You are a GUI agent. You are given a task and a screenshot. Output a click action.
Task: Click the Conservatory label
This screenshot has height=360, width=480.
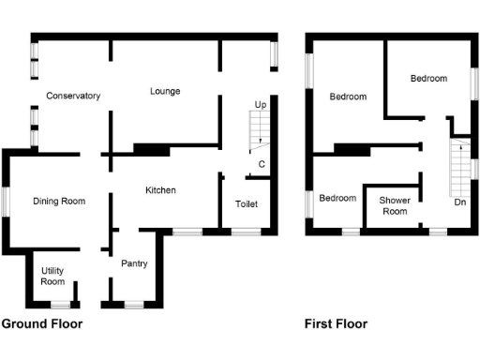pos(73,96)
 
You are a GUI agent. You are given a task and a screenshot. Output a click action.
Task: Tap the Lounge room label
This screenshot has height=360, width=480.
pos(165,91)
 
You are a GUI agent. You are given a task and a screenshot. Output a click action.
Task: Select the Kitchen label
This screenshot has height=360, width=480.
pos(160,190)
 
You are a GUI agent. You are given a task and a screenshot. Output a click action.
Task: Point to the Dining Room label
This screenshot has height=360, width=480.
pos(59,201)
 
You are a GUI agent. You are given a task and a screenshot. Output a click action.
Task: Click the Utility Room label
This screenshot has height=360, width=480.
pos(52,276)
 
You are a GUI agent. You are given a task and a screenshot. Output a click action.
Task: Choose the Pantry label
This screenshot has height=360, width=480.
pos(134,263)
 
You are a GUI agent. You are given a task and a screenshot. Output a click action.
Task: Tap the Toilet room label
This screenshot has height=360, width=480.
pos(247,204)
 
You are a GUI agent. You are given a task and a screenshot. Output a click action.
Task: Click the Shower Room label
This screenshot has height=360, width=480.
pos(393,205)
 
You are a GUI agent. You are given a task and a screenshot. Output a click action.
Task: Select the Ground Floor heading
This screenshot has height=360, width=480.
pos(42,324)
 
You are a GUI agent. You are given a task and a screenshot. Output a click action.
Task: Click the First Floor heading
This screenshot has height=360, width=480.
pos(336,324)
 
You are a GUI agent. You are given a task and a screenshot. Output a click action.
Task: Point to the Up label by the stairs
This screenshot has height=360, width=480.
pos(261,104)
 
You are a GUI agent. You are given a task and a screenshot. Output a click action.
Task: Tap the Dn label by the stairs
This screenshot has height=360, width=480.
pos(459,202)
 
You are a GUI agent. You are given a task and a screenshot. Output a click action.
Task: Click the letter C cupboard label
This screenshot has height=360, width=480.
pos(262,165)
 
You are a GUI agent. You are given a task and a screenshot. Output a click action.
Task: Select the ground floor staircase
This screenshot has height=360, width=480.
pos(256,130)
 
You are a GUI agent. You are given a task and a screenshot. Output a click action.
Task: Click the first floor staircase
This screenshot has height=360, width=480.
pos(458,169)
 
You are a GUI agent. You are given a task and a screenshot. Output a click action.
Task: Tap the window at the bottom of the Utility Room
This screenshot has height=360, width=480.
pos(60,304)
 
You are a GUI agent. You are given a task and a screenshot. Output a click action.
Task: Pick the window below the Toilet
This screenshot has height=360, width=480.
pos(246,231)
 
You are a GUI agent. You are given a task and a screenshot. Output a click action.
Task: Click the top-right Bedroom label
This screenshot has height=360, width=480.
pos(428,78)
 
